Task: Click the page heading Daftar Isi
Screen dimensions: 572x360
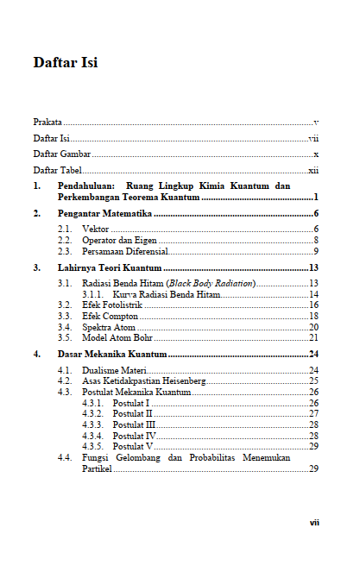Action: point(65,63)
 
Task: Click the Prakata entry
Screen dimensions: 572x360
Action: point(47,124)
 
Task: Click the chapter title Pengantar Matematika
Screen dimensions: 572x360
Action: point(104,212)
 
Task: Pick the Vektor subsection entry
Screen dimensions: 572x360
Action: point(96,229)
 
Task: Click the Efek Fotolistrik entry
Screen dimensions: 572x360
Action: point(112,305)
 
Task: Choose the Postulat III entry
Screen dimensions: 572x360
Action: point(134,424)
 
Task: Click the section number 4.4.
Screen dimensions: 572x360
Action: point(65,457)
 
